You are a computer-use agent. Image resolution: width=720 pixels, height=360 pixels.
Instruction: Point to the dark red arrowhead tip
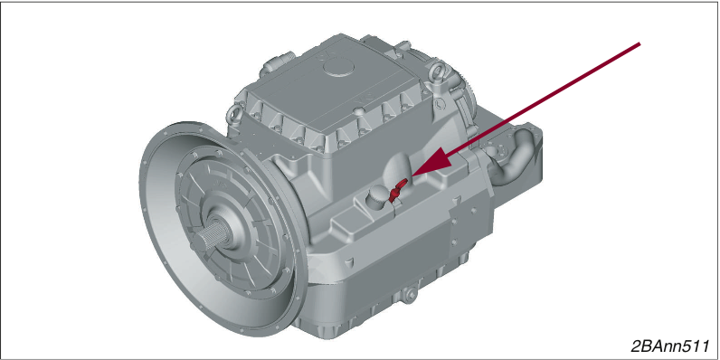click(409, 176)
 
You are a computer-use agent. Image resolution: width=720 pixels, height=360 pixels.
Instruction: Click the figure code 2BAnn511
click(670, 346)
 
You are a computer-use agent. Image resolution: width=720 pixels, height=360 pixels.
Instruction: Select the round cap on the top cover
click(339, 68)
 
